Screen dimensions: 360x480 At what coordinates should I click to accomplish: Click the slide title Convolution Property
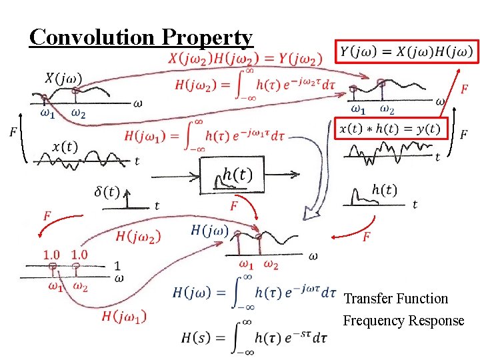click(141, 37)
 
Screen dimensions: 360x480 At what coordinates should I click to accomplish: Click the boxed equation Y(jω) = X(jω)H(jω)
click(406, 51)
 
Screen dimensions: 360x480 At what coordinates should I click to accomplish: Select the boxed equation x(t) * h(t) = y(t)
click(390, 129)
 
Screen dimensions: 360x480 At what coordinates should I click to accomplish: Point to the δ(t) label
click(107, 192)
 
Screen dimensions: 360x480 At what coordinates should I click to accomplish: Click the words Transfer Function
click(395, 299)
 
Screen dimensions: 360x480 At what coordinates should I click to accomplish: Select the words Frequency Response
click(403, 321)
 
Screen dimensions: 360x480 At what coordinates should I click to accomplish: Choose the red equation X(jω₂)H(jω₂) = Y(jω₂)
click(245, 58)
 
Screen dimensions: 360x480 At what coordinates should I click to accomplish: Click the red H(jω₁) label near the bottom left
click(124, 316)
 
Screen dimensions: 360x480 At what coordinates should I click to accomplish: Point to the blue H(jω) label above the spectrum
click(209, 231)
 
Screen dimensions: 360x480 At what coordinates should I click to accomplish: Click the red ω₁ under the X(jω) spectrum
click(47, 113)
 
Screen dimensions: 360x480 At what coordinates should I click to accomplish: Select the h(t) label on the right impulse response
click(384, 191)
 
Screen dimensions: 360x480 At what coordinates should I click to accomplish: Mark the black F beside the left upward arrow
click(13, 133)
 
